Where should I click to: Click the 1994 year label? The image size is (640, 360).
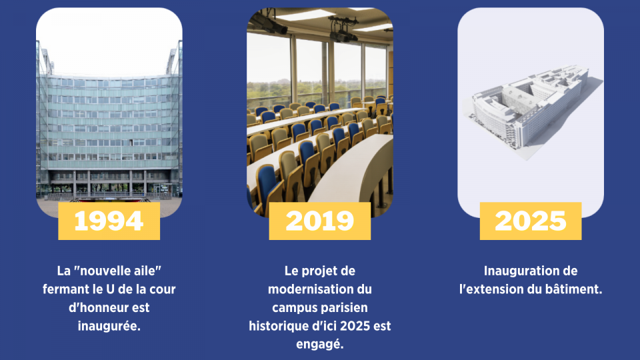109,221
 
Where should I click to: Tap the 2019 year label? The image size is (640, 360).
319,221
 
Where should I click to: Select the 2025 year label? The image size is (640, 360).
531,221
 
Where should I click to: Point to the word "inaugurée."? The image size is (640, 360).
109,326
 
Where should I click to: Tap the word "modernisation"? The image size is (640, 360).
319,289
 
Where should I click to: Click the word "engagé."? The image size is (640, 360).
319,345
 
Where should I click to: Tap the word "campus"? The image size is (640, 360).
294,308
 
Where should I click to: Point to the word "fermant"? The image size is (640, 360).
65,289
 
